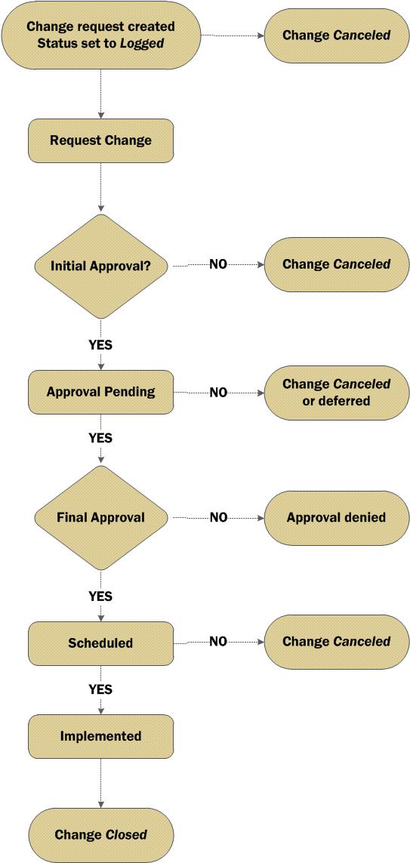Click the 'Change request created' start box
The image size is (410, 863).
(x=100, y=35)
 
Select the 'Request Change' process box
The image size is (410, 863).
(x=100, y=140)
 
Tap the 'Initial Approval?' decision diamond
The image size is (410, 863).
(x=100, y=266)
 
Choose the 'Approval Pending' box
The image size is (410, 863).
(x=100, y=393)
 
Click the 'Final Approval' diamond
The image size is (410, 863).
(x=100, y=517)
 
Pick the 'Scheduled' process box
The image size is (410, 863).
(x=100, y=643)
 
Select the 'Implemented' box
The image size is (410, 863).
(x=100, y=736)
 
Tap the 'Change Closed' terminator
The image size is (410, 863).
(x=100, y=835)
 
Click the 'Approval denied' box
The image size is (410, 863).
(x=337, y=518)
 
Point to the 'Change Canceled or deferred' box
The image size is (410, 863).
(x=337, y=393)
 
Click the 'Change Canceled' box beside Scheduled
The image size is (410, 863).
(x=337, y=642)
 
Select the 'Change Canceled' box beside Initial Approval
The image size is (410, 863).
(x=337, y=264)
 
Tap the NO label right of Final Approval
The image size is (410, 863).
(x=218, y=518)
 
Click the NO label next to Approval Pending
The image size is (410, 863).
(x=218, y=393)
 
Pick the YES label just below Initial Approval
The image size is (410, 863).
(x=100, y=346)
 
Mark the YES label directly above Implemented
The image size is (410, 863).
(x=100, y=689)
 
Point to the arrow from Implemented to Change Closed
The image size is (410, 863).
(x=100, y=783)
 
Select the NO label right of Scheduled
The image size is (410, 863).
(x=218, y=642)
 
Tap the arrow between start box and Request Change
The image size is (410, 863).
(x=100, y=94)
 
